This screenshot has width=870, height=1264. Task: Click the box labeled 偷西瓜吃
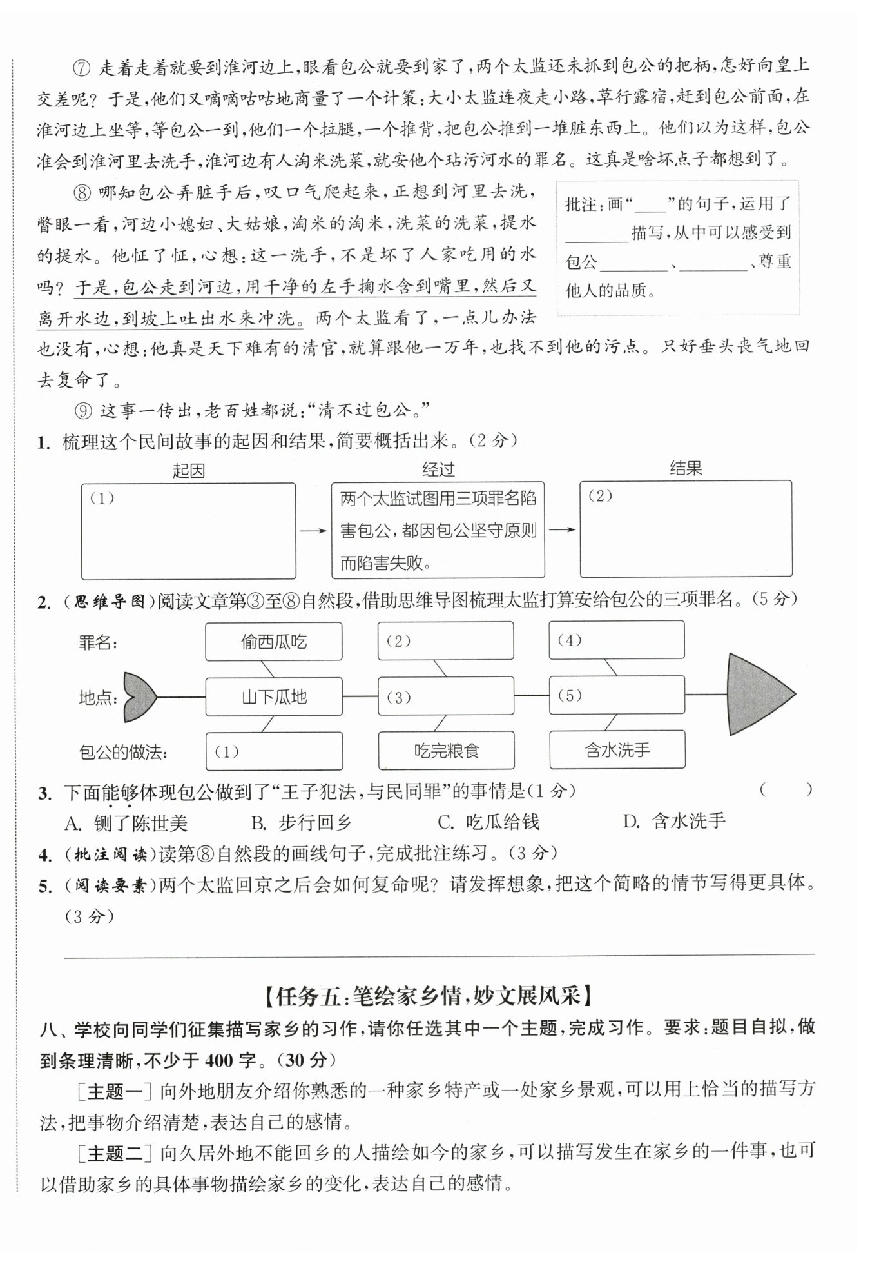click(273, 642)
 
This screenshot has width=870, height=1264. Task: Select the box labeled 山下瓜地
click(273, 696)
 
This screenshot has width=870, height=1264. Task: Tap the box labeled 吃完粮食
click(446, 751)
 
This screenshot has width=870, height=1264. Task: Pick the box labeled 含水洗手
click(617, 749)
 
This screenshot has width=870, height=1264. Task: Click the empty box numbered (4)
click(617, 640)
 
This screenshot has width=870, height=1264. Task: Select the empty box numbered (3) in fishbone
click(446, 696)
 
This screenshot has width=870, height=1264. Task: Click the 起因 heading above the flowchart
click(188, 471)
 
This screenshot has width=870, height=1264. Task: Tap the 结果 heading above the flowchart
click(685, 468)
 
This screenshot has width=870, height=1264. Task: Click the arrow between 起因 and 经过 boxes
click(314, 530)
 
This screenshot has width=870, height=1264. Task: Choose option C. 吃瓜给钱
click(488, 822)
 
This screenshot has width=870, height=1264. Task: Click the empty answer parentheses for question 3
click(786, 790)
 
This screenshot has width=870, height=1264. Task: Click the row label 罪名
click(98, 642)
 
